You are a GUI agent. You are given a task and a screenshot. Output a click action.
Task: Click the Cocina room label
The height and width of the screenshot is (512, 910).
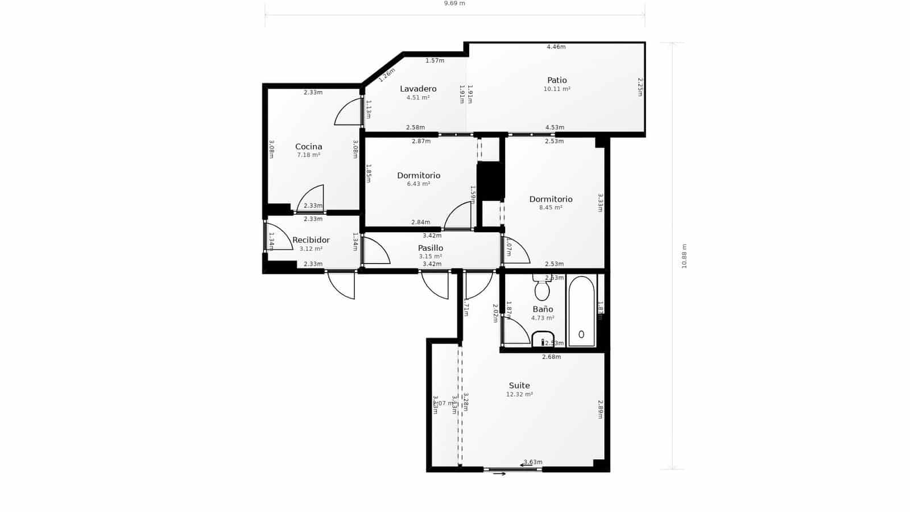click(308, 147)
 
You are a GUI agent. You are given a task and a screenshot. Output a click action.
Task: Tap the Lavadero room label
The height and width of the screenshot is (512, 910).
click(418, 89)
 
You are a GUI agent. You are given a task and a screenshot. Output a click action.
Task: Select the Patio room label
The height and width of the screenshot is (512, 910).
click(557, 80)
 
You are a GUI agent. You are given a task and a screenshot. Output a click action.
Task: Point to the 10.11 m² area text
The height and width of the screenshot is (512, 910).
click(557, 89)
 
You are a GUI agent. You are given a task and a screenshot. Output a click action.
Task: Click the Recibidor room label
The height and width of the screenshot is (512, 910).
click(311, 240)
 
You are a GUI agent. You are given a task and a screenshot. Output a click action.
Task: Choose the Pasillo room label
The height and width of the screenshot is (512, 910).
click(431, 248)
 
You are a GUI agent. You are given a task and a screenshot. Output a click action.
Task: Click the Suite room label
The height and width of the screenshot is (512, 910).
click(519, 386)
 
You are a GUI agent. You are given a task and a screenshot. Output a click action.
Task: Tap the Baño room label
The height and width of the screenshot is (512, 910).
click(543, 309)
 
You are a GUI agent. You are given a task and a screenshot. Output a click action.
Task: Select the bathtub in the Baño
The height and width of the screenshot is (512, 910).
click(581, 312)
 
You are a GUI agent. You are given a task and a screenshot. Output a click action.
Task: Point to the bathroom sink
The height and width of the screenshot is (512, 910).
click(543, 340)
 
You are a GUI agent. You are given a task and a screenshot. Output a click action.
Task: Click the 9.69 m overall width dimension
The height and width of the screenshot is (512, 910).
click(454, 3)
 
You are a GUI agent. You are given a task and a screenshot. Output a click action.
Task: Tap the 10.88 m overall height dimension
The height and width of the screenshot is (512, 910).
click(684, 256)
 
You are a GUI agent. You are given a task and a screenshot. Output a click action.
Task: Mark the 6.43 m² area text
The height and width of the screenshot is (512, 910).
click(419, 184)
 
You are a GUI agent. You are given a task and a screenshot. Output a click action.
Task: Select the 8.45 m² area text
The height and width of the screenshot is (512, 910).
click(551, 208)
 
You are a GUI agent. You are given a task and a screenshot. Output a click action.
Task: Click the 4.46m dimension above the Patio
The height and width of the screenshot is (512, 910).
click(556, 47)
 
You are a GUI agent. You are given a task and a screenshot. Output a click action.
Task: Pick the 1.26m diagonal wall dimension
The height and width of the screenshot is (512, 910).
click(387, 75)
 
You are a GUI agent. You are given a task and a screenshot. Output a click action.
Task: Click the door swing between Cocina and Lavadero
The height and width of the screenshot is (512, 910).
click(348, 113)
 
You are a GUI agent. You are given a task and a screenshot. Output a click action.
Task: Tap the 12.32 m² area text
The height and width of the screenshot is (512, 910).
click(519, 394)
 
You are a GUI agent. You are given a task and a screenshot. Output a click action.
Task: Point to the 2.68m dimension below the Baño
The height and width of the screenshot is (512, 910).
click(551, 357)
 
